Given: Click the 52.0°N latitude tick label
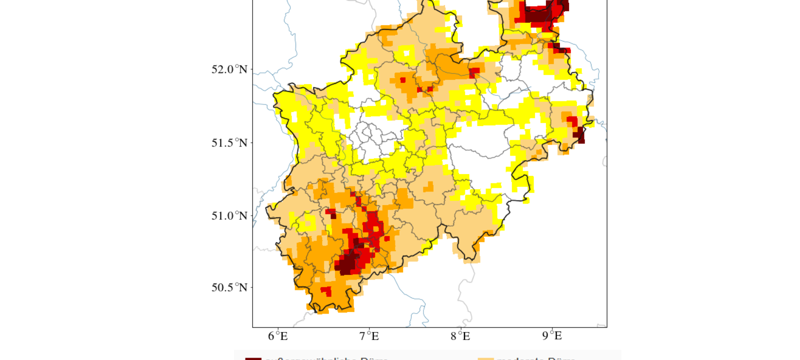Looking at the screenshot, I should point(229,69).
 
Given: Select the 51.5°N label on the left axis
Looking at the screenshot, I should point(229,143).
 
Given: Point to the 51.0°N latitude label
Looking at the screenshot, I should point(229,216).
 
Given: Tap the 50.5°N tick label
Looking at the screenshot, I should point(229,287).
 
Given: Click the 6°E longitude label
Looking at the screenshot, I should point(278,336).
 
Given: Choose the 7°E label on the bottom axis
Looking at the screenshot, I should point(369,336).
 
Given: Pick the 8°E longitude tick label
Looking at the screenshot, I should point(460,336).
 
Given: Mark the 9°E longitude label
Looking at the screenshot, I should point(551,336).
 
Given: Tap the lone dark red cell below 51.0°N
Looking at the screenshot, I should point(333,216).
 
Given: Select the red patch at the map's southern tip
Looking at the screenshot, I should point(326,291).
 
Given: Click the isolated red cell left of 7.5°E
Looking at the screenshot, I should point(402,80).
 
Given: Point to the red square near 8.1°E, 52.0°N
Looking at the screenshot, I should point(474,72).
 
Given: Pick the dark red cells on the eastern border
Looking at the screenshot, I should point(579,134).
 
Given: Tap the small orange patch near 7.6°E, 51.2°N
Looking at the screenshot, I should point(428,187).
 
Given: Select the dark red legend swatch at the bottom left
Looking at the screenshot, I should point(253,358).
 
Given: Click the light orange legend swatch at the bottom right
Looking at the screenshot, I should point(485,358).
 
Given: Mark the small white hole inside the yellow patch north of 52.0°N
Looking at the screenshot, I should point(406,52).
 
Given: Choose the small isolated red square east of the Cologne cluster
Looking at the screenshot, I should point(386,239).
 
